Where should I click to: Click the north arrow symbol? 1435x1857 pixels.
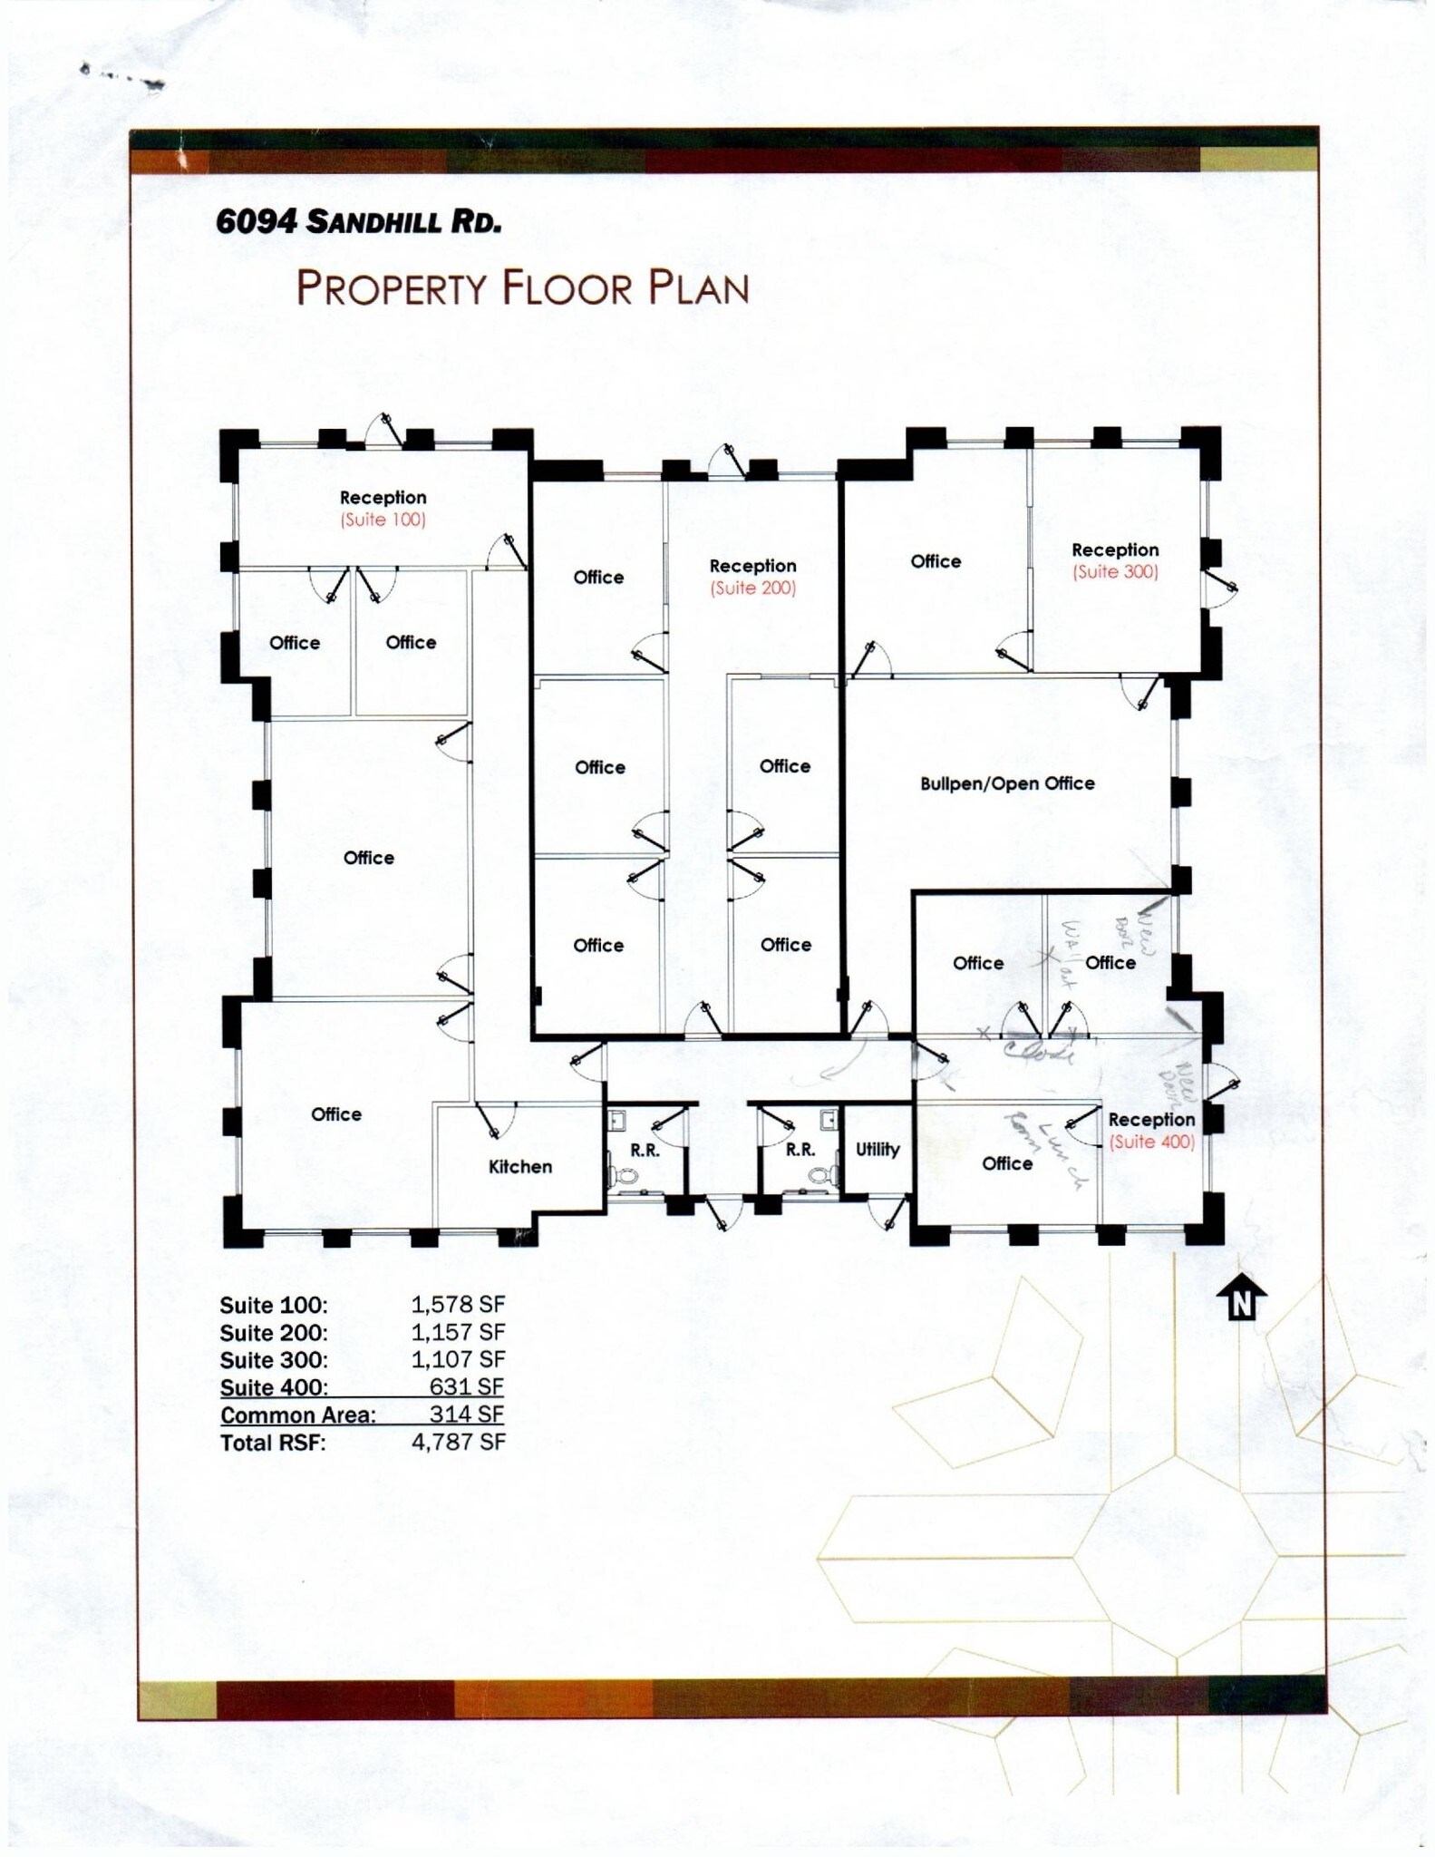click(1241, 1298)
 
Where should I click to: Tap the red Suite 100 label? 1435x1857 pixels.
click(383, 520)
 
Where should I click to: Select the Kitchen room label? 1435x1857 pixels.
click(519, 1167)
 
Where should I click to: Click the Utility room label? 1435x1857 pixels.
click(877, 1150)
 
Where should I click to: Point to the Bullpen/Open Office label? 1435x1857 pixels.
click(1006, 783)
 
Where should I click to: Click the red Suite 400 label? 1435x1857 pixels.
click(1151, 1142)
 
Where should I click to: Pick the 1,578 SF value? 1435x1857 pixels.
click(458, 1304)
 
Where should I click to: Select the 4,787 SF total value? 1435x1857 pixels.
click(458, 1442)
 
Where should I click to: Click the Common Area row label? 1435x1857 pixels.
click(297, 1415)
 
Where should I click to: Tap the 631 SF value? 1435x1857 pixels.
click(466, 1386)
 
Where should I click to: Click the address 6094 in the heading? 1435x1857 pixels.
click(256, 221)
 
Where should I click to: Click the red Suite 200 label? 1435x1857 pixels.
click(752, 588)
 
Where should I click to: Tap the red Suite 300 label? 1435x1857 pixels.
click(1115, 572)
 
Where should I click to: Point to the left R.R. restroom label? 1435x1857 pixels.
click(645, 1151)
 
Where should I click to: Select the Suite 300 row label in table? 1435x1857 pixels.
click(273, 1360)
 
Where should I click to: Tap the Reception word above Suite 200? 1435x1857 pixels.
click(752, 566)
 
